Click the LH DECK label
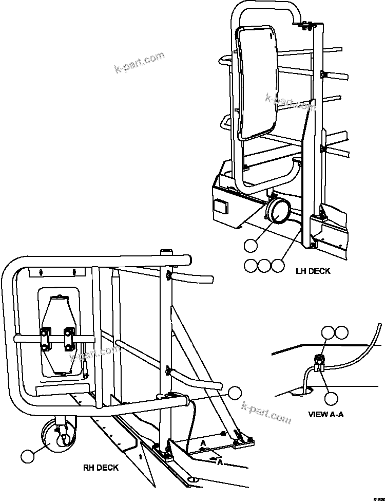point(313,271)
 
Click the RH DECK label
point(101,467)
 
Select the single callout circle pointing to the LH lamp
point(250,246)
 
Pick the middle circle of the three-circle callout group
point(263,265)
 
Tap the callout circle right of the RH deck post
point(235,393)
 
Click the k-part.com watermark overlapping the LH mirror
point(291,102)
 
